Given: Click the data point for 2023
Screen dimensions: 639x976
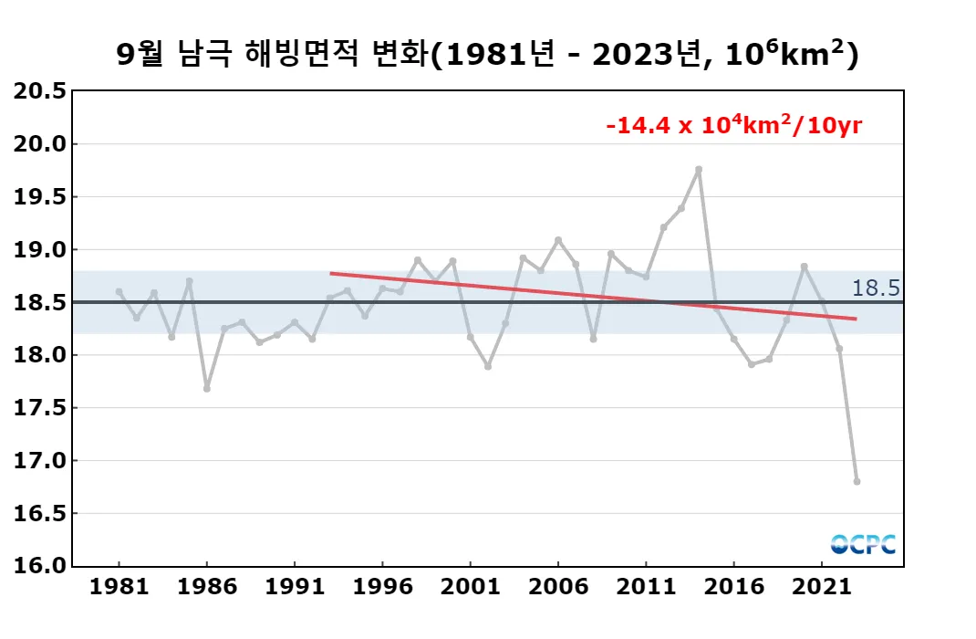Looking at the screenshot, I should pyautogui.click(x=857, y=481).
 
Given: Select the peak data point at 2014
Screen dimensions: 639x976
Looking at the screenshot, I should pyautogui.click(x=699, y=169).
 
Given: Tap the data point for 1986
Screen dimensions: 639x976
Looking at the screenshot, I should pyautogui.click(x=207, y=389).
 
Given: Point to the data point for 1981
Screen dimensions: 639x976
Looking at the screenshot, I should pyautogui.click(x=119, y=291).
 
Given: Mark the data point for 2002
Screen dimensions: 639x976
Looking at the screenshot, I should pyautogui.click(x=488, y=366).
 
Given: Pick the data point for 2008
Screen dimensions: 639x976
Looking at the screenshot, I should pyautogui.click(x=593, y=339).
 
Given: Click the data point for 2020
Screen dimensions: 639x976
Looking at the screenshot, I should pyautogui.click(x=804, y=267).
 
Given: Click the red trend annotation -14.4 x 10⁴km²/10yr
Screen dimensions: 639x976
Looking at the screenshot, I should pyautogui.click(x=733, y=126).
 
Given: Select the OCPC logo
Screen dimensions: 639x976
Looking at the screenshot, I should pyautogui.click(x=863, y=544).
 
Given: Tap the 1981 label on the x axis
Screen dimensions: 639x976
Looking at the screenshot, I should pyautogui.click(x=119, y=587).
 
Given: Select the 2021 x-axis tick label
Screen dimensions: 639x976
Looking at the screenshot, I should pyautogui.click(x=822, y=587).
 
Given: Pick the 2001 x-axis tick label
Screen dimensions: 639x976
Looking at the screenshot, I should pyautogui.click(x=471, y=587).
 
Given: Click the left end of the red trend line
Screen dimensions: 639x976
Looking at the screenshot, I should pyautogui.click(x=331, y=273).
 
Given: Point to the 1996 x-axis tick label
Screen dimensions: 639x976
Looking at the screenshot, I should pyautogui.click(x=382, y=587).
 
